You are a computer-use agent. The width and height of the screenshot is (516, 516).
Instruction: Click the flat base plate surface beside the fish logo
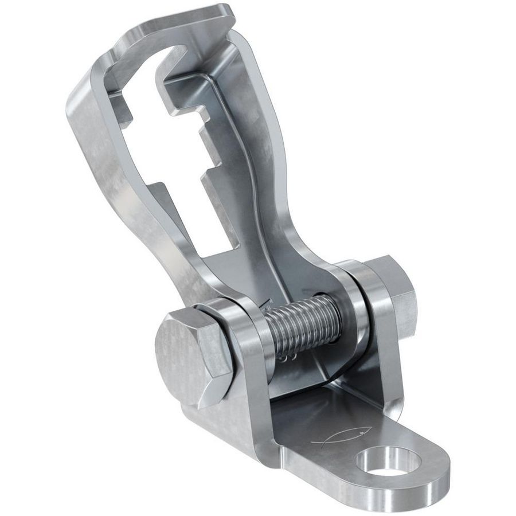point(310,419)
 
